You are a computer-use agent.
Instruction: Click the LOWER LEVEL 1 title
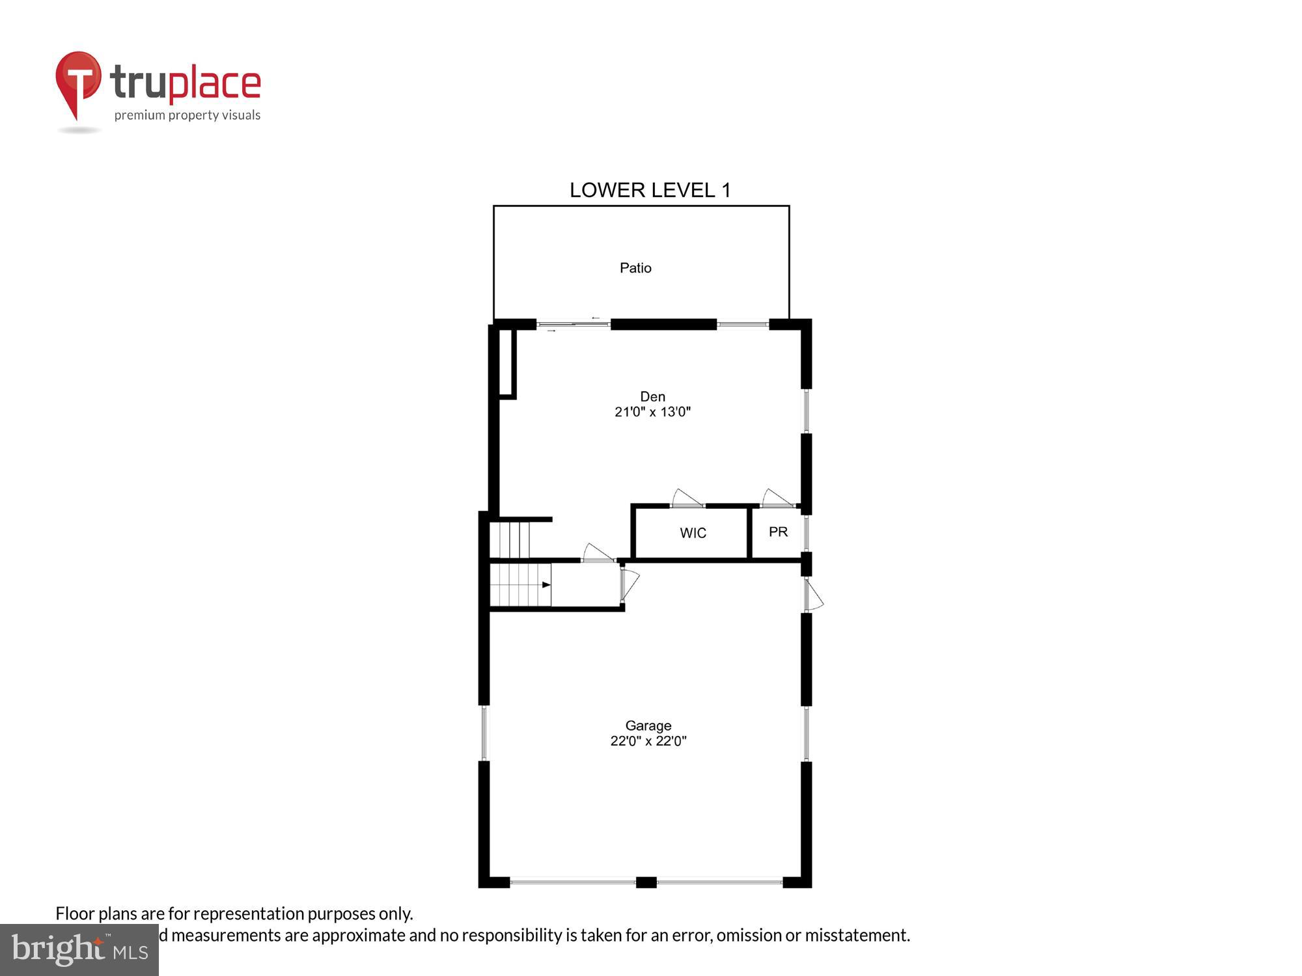[x=650, y=190]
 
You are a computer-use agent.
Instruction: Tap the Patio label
[x=635, y=268]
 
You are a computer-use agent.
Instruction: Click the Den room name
[x=652, y=396]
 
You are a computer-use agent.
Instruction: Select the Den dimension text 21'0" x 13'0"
[x=652, y=412]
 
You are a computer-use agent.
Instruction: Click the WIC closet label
[x=693, y=533]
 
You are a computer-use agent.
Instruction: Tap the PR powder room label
[x=778, y=532]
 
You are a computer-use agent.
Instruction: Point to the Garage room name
[x=648, y=725]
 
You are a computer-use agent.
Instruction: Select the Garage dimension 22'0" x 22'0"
[x=648, y=741]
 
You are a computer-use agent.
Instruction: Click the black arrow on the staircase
[x=546, y=584]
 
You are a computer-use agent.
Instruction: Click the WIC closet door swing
[x=686, y=498]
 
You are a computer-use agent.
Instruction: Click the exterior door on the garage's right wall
[x=812, y=595]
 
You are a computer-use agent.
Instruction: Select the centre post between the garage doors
[x=646, y=882]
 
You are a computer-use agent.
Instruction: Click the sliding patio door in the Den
[x=573, y=324]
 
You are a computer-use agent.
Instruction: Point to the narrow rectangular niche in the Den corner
[x=507, y=363]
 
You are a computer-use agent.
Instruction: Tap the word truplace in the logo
[x=186, y=83]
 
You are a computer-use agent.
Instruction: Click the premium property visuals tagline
[x=187, y=116]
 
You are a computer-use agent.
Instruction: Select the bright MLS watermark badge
[x=79, y=950]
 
